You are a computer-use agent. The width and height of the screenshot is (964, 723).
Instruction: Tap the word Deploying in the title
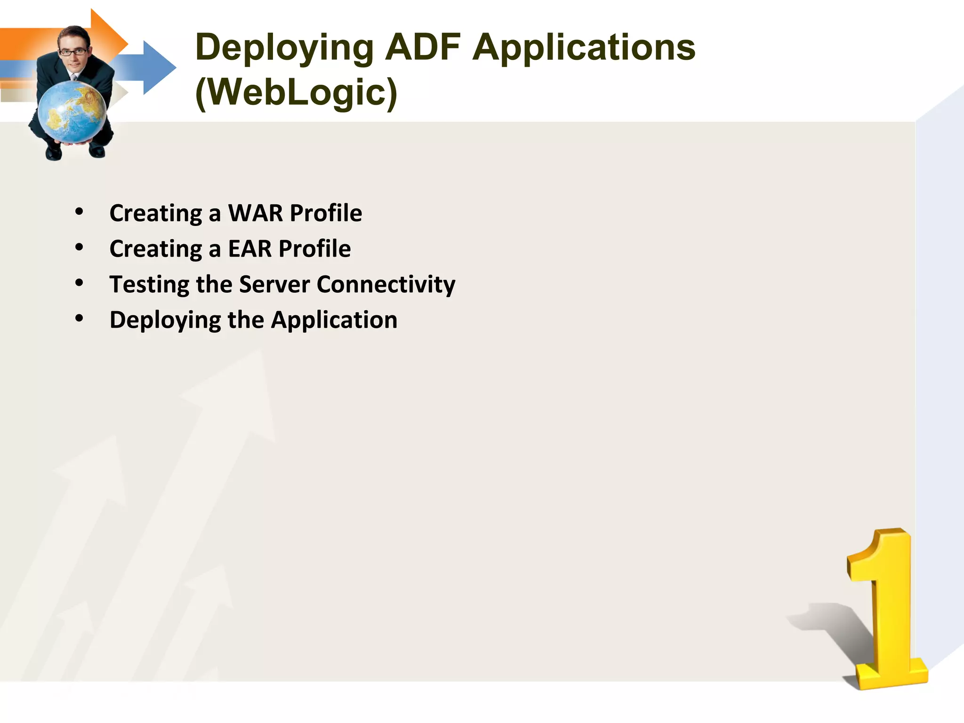[284, 48]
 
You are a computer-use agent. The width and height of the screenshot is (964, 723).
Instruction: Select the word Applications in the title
[584, 48]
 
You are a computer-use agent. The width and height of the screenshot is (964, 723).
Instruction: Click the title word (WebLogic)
[297, 92]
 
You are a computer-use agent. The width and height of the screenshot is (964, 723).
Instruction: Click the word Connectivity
[386, 285]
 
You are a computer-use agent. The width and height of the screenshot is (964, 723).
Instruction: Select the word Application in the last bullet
[334, 321]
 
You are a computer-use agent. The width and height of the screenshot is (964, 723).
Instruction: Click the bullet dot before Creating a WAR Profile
[79, 212]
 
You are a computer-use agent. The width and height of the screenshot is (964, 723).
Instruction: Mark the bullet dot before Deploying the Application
[79, 319]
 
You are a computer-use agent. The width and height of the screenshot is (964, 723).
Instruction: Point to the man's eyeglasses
[73, 52]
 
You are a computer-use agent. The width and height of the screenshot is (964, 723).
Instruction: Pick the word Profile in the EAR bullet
[314, 249]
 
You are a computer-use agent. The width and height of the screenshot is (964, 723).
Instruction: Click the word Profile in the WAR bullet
[326, 213]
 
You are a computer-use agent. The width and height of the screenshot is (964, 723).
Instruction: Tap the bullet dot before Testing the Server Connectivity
[79, 283]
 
